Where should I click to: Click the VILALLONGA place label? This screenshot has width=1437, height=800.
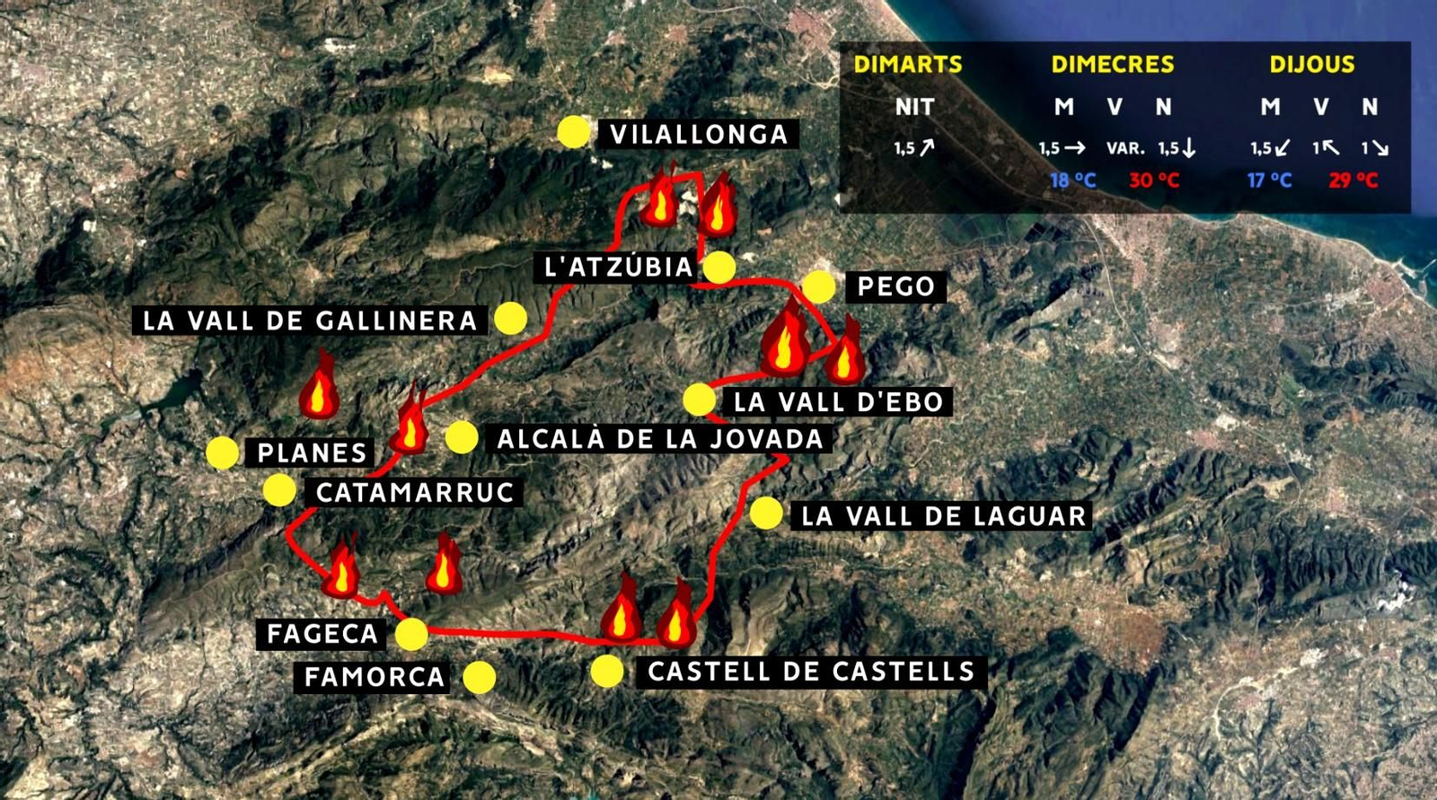pyautogui.click(x=698, y=135)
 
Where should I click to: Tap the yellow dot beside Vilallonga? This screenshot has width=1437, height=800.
pyautogui.click(x=573, y=132)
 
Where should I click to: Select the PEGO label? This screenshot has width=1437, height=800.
pyautogui.click(x=895, y=287)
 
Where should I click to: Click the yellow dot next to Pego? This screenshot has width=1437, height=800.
pyautogui.click(x=818, y=287)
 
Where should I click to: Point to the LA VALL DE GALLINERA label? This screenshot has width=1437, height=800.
pyautogui.click(x=310, y=321)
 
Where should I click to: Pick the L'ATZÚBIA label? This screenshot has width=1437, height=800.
pyautogui.click(x=619, y=267)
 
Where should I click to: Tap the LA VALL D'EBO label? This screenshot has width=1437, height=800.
pyautogui.click(x=838, y=401)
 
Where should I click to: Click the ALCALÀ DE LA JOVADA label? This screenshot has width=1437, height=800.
pyautogui.click(x=660, y=439)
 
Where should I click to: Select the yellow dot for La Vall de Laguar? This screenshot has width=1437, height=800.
pyautogui.click(x=766, y=514)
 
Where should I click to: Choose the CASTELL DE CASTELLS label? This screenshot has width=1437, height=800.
pyautogui.click(x=810, y=672)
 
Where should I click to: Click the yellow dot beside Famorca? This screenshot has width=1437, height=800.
pyautogui.click(x=480, y=678)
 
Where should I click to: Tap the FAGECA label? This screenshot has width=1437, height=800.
pyautogui.click(x=322, y=634)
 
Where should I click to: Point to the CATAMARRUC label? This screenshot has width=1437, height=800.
pyautogui.click(x=415, y=492)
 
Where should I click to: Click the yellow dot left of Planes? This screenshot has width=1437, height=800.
pyautogui.click(x=222, y=453)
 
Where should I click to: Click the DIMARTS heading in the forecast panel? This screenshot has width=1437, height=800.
pyautogui.click(x=907, y=65)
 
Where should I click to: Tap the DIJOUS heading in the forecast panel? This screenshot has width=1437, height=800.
pyautogui.click(x=1312, y=65)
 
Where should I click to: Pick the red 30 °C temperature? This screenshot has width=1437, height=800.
pyautogui.click(x=1154, y=180)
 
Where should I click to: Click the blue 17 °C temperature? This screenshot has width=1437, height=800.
pyautogui.click(x=1269, y=180)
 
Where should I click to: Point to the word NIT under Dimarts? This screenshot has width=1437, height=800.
pyautogui.click(x=914, y=107)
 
